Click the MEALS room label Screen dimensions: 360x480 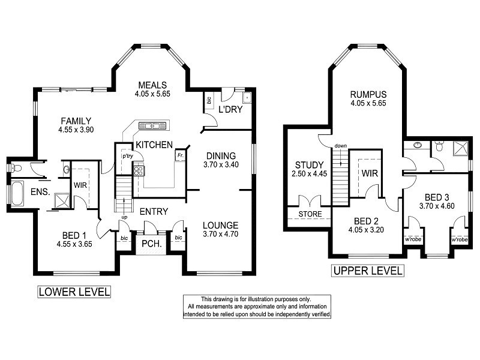152,85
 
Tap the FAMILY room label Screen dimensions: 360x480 75,120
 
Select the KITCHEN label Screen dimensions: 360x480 154,145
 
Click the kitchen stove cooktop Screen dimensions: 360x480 139,171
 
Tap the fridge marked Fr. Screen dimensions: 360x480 179,155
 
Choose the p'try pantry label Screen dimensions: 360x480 127,155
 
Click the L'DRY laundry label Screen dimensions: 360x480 229,110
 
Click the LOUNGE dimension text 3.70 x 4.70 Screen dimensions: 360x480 221,234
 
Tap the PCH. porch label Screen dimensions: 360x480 149,244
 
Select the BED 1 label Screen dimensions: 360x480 74,235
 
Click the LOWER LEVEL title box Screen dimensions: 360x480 74,292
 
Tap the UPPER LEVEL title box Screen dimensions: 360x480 367,271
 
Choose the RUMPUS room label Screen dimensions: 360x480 368,94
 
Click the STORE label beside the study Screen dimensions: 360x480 310,214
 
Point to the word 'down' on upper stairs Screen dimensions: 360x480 340,146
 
